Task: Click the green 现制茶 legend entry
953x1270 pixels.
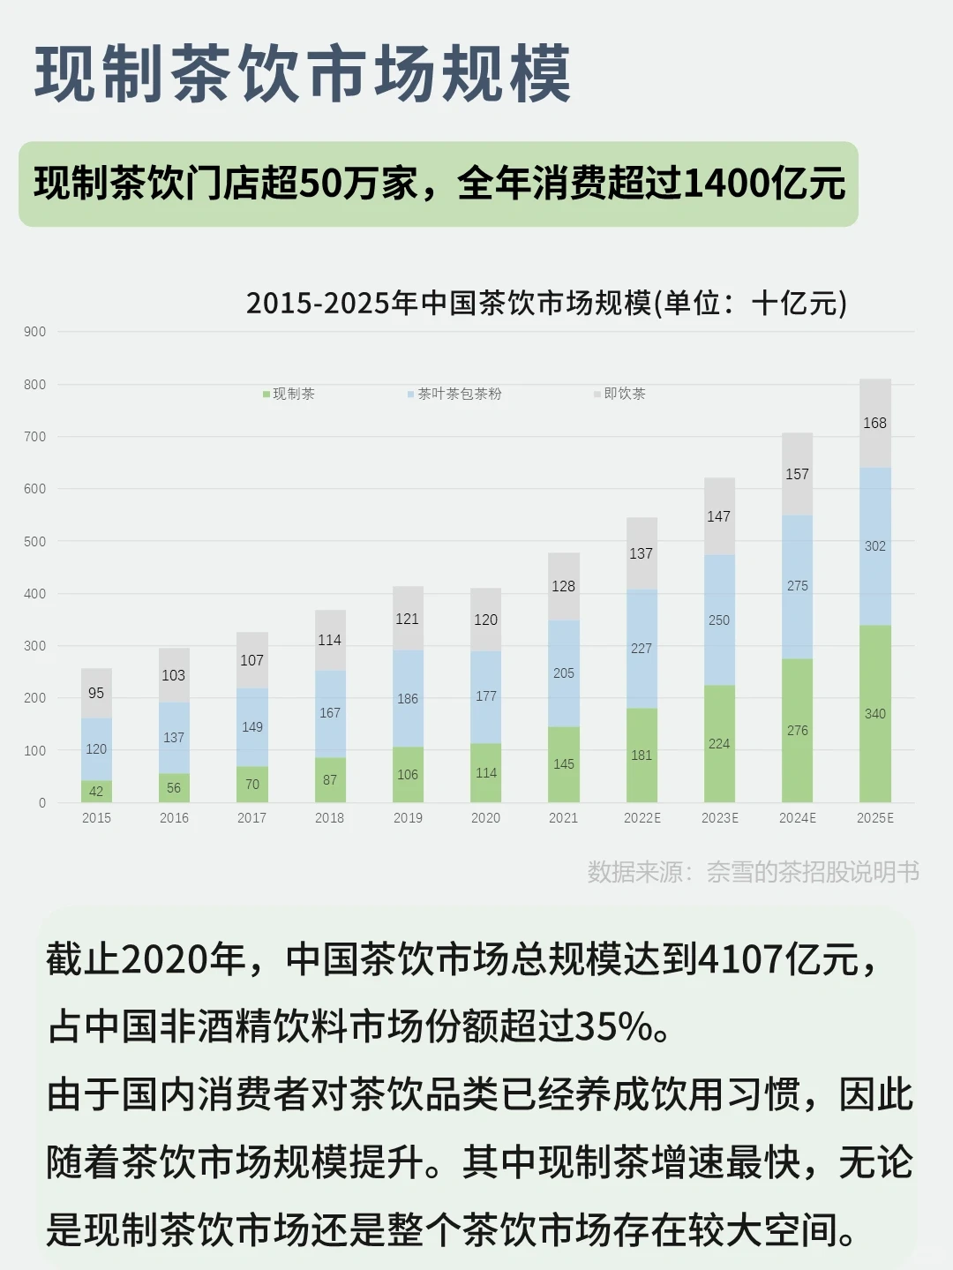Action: pyautogui.click(x=289, y=394)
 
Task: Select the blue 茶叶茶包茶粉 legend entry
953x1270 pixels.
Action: pyautogui.click(x=455, y=394)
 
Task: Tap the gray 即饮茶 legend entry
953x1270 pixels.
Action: pyautogui.click(x=620, y=394)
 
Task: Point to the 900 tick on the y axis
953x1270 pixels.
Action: pyautogui.click(x=35, y=332)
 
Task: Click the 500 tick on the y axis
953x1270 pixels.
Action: pyautogui.click(x=35, y=541)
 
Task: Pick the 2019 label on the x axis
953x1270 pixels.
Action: pyautogui.click(x=408, y=818)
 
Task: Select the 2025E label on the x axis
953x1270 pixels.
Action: pyautogui.click(x=875, y=818)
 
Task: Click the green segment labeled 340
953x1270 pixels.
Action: pyautogui.click(x=875, y=713)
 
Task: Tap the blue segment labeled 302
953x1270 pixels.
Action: pyautogui.click(x=875, y=546)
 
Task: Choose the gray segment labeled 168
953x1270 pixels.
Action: pyautogui.click(x=875, y=424)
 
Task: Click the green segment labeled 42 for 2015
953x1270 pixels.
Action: pyautogui.click(x=96, y=792)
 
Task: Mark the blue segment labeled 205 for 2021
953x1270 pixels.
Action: pyautogui.click(x=564, y=673)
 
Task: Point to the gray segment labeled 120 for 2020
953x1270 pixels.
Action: pyautogui.click(x=485, y=620)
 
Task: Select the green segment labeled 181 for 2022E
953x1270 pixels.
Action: pyautogui.click(x=642, y=755)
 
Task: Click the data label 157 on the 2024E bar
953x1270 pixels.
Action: pyautogui.click(x=797, y=474)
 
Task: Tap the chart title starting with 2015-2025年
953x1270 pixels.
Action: pyautogui.click(x=546, y=303)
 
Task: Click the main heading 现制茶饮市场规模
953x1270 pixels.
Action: pyautogui.click(x=303, y=74)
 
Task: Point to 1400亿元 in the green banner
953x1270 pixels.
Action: pyautogui.click(x=763, y=184)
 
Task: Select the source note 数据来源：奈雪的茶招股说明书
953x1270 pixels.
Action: pyautogui.click(x=753, y=872)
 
